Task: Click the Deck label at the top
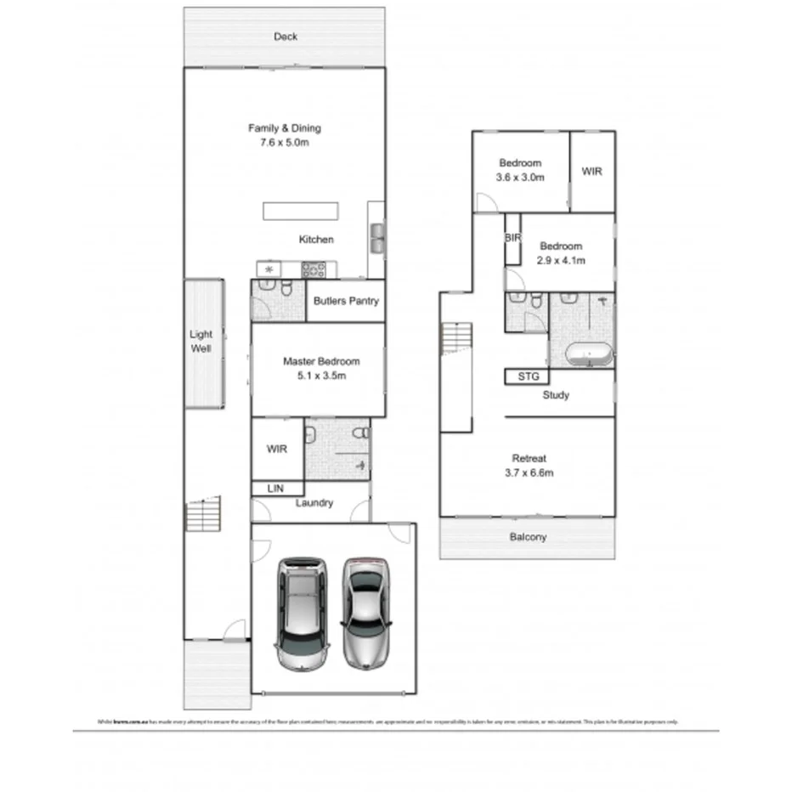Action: (x=286, y=37)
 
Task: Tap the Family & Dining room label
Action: (x=285, y=135)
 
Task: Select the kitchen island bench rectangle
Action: (x=301, y=212)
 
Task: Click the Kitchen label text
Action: (x=316, y=240)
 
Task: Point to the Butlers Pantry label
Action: (x=346, y=301)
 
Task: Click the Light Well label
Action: (x=201, y=342)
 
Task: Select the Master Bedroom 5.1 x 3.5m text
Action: (x=320, y=368)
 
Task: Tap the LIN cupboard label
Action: (x=275, y=489)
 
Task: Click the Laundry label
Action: (x=314, y=503)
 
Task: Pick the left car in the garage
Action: (x=302, y=614)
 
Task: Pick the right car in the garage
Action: (x=367, y=612)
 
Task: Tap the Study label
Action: (x=556, y=395)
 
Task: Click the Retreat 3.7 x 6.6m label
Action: (x=530, y=465)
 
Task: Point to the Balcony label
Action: (x=528, y=537)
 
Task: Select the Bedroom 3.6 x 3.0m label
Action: (x=520, y=170)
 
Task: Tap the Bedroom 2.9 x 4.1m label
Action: (x=561, y=253)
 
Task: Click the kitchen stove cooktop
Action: (x=314, y=269)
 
